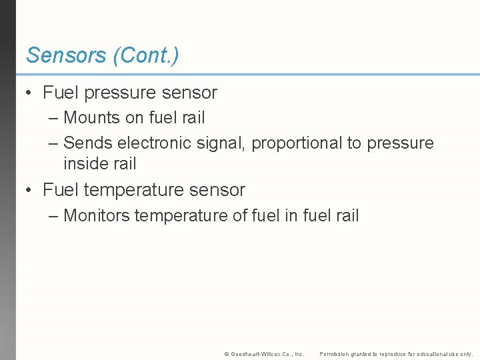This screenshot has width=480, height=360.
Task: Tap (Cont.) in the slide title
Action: click(146, 55)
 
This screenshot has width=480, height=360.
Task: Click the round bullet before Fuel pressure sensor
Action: click(29, 93)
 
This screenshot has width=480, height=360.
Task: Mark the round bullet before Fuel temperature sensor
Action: click(29, 191)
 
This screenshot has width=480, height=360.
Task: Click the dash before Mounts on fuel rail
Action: click(53, 119)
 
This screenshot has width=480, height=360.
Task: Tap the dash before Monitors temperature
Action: click(53, 216)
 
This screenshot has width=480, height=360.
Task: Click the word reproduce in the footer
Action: click(395, 354)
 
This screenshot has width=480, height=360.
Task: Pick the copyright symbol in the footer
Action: click(227, 354)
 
